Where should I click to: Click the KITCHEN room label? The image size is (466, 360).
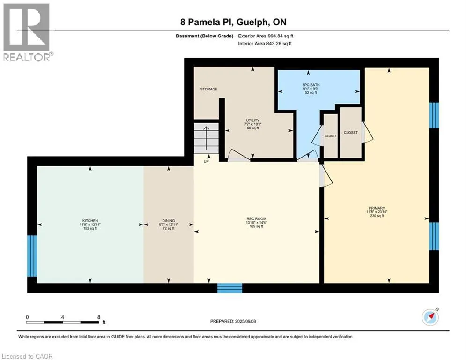(x=90, y=221)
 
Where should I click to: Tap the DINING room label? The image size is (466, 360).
(x=169, y=221)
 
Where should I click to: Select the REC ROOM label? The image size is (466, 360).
(x=256, y=219)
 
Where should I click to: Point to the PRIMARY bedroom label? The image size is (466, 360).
(x=377, y=208)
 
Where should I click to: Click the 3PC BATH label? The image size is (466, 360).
(x=311, y=85)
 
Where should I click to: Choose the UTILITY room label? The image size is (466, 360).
(x=252, y=120)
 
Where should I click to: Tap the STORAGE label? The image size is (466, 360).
(x=208, y=89)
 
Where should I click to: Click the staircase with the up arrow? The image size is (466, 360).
(x=206, y=138)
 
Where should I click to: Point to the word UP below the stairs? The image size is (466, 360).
(x=206, y=162)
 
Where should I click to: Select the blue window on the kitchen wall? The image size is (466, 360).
(x=32, y=256)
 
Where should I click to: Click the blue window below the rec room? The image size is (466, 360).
(x=230, y=288)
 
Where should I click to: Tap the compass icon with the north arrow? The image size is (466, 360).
(x=430, y=317)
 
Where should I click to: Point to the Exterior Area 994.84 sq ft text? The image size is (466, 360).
(x=266, y=36)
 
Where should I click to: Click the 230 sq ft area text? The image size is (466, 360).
(x=377, y=216)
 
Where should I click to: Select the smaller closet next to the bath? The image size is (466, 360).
(x=331, y=136)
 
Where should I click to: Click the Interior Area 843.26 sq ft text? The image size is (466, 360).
(x=265, y=44)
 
